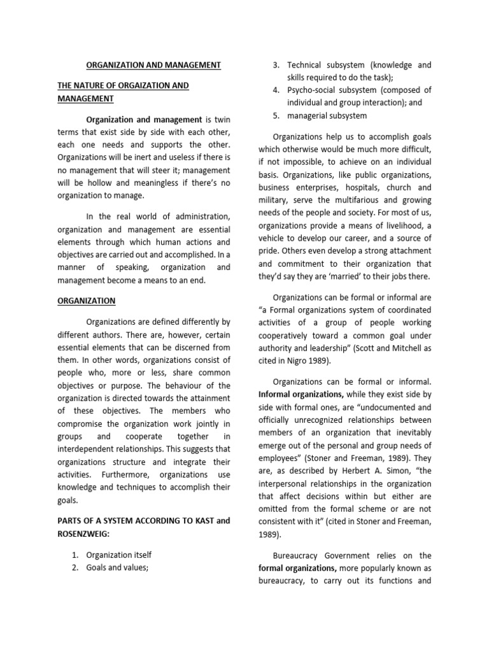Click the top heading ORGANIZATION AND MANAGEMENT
click(x=153, y=65)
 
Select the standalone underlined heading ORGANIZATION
click(x=86, y=301)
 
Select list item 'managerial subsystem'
click(x=327, y=115)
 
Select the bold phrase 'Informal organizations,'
click(x=299, y=395)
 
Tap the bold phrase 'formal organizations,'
click(x=297, y=567)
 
